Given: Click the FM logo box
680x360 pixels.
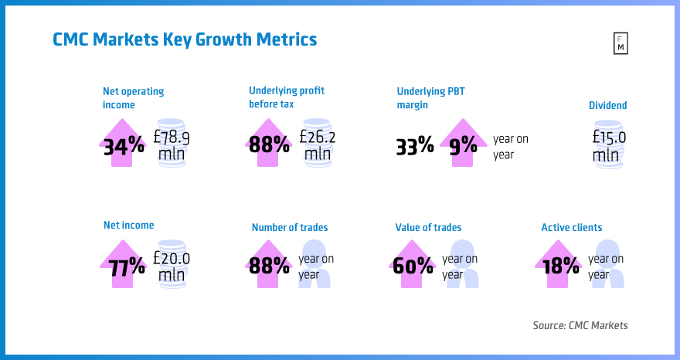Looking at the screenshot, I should (x=620, y=44).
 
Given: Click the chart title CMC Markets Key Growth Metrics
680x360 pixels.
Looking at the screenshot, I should (x=185, y=39).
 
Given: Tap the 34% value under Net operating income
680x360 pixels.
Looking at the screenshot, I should (x=124, y=145).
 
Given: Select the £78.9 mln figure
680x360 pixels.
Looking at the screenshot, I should (x=172, y=145).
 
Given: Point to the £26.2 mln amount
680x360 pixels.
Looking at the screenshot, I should (x=318, y=145).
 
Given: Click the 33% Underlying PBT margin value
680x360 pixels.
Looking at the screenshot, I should (x=415, y=145).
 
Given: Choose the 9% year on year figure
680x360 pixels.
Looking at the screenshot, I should (x=463, y=145).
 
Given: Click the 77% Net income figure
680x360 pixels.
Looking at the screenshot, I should (x=125, y=267).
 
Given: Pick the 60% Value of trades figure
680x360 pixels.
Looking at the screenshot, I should (x=413, y=267).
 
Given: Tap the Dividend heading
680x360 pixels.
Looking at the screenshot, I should (x=608, y=105).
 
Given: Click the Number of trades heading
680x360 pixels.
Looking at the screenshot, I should (x=289, y=227).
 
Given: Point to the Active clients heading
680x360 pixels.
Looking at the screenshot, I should (x=571, y=227).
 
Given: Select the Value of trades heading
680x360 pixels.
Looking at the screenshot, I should (x=428, y=227).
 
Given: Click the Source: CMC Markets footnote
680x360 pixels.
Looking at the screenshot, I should (x=580, y=325).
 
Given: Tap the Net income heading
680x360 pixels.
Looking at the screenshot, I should (x=128, y=226).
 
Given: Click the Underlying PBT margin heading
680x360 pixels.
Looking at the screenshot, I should (x=431, y=97).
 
